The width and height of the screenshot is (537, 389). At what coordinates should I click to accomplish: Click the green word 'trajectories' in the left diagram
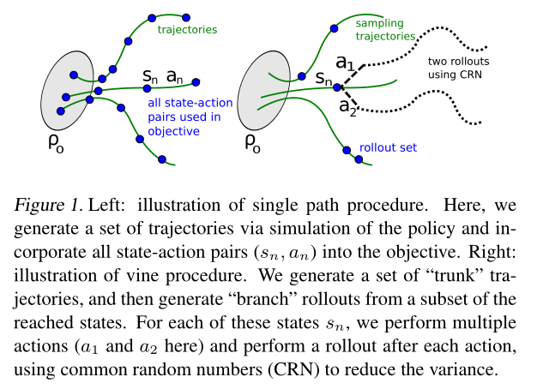pyautogui.click(x=187, y=31)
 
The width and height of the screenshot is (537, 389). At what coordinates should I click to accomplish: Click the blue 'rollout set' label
pyautogui.click(x=389, y=147)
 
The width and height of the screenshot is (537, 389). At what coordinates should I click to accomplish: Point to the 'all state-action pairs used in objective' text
pyautogui.click(x=180, y=117)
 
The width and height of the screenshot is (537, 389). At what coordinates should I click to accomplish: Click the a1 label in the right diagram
pyautogui.click(x=345, y=63)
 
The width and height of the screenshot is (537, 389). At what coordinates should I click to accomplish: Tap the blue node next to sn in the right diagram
pyautogui.click(x=337, y=87)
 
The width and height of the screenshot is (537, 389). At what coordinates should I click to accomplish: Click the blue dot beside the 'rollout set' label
pyautogui.click(x=347, y=151)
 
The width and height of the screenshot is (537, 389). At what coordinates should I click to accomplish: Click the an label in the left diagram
pyautogui.click(x=175, y=77)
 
